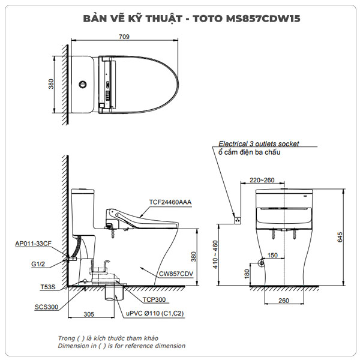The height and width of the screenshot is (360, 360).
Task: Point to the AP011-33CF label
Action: coord(32,244)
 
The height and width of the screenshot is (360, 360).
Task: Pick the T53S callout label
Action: coord(49,287)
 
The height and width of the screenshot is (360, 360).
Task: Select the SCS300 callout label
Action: coord(47,307)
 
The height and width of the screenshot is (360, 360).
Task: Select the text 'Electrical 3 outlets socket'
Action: coord(258,144)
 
